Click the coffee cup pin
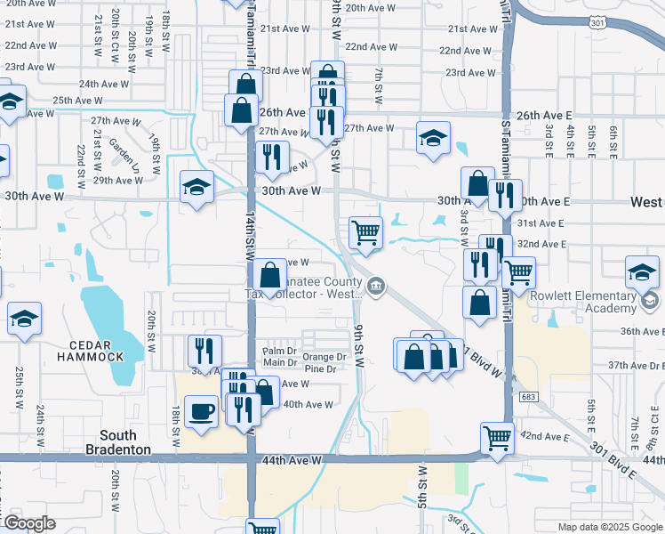point(200,411)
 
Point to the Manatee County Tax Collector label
point(301,285)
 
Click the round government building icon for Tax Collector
point(376,285)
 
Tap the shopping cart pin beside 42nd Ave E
point(497,437)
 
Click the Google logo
point(28,523)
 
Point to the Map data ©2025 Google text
point(610,527)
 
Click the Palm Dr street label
point(277,351)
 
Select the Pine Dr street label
point(321,368)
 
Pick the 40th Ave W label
point(308,404)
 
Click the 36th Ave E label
point(642,331)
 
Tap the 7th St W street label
point(379,85)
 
